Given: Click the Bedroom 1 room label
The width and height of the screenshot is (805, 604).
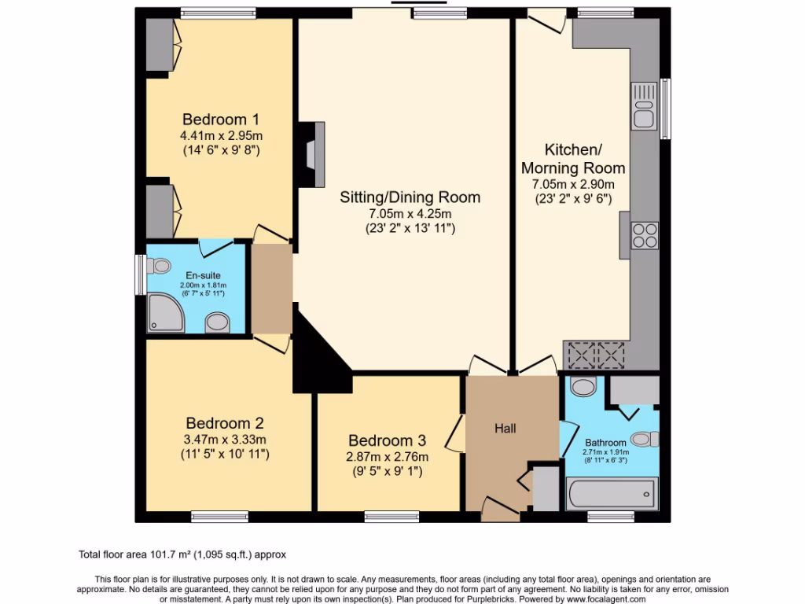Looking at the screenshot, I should tap(221, 120).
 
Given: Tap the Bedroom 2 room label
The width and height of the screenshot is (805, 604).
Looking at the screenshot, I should tap(224, 422).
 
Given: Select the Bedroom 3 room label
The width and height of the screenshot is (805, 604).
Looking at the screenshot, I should tap(388, 440).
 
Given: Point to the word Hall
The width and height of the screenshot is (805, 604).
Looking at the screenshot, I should tap(505, 429).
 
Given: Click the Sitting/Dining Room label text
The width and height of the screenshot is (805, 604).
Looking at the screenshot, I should tap(410, 197).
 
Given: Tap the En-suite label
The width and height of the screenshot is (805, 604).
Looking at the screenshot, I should tap(197, 276).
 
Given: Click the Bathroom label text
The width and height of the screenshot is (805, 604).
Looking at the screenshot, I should tap(605, 443).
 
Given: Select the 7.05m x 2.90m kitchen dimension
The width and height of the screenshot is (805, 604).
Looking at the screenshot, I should tap(573, 184).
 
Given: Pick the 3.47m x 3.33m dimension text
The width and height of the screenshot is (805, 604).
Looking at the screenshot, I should tap(224, 440).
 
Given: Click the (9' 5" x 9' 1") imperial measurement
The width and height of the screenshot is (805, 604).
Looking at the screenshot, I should tap(388, 473).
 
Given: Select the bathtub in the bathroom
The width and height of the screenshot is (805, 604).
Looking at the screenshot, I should tap(612, 493).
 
